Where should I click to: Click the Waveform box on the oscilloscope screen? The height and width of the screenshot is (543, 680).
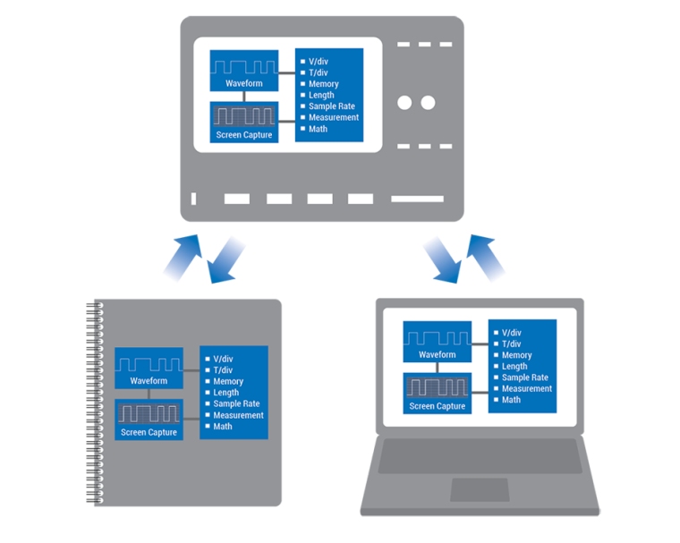pyautogui.click(x=244, y=71)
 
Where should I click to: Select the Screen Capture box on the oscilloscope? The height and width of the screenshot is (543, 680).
pyautogui.click(x=244, y=123)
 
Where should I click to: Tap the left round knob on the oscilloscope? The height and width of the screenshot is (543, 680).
pyautogui.click(x=404, y=103)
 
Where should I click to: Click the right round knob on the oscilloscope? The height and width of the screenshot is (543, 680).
pyautogui.click(x=429, y=103)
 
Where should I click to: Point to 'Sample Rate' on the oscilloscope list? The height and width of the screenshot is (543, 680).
pyautogui.click(x=330, y=106)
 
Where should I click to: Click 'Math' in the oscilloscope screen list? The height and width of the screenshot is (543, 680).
pyautogui.click(x=318, y=129)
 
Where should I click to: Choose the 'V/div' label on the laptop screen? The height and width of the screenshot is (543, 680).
pyautogui.click(x=511, y=333)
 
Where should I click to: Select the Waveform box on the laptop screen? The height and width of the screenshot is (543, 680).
pyautogui.click(x=438, y=344)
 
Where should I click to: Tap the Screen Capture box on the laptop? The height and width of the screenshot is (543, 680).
pyautogui.click(x=438, y=394)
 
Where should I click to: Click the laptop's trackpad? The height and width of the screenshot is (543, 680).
pyautogui.click(x=480, y=490)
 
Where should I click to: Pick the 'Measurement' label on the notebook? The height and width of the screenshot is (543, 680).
pyautogui.click(x=238, y=415)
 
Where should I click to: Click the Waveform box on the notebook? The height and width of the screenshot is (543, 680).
pyautogui.click(x=149, y=369)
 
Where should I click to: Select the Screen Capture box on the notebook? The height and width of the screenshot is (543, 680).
pyautogui.click(x=149, y=420)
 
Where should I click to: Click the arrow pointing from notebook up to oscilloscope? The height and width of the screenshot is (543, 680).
pyautogui.click(x=183, y=252)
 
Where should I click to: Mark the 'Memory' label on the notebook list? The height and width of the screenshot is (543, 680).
pyautogui.click(x=228, y=382)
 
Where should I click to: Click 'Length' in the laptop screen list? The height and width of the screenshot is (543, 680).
pyautogui.click(x=514, y=367)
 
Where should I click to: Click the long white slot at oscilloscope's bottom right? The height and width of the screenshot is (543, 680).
pyautogui.click(x=417, y=199)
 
